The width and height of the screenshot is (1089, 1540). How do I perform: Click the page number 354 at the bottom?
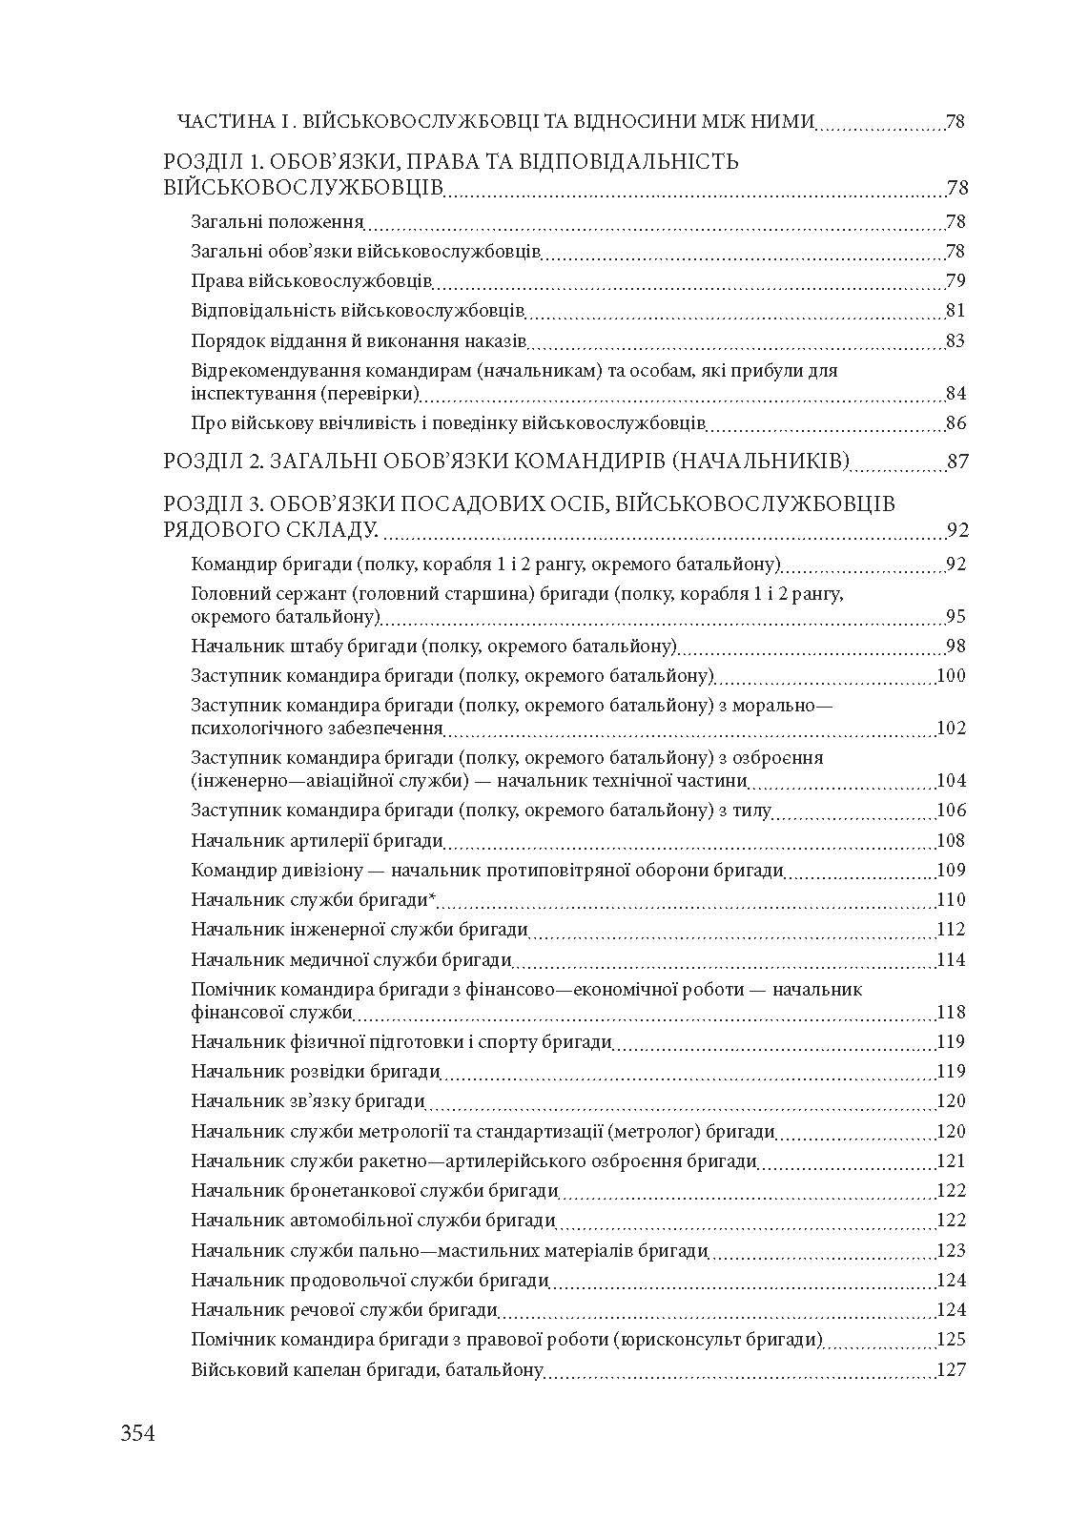(x=137, y=1432)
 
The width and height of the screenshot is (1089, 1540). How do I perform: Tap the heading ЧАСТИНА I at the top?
(x=233, y=122)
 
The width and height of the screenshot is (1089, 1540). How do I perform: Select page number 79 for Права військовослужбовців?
(x=955, y=281)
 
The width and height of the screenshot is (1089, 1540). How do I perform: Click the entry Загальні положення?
(x=277, y=222)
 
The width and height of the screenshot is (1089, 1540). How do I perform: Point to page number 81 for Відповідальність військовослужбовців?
(x=955, y=311)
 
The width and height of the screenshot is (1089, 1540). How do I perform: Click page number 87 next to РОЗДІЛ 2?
(x=957, y=462)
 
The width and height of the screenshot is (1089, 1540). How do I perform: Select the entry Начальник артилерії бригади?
(x=317, y=841)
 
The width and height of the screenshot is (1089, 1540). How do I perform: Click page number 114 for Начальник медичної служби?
(x=951, y=960)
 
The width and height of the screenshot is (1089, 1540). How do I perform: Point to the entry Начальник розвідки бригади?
(x=315, y=1072)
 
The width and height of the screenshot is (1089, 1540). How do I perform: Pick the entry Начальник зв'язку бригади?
(x=307, y=1101)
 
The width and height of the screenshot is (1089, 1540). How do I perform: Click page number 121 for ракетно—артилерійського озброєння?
(x=951, y=1161)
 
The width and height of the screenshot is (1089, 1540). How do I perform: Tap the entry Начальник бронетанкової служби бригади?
(x=374, y=1191)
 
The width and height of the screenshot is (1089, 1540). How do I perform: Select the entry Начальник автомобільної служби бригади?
(x=373, y=1221)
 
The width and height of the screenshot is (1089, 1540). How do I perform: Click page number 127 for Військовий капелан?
(x=951, y=1370)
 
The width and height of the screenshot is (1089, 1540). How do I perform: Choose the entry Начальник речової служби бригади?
(x=344, y=1310)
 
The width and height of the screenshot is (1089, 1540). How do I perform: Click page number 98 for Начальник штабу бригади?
(x=955, y=647)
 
